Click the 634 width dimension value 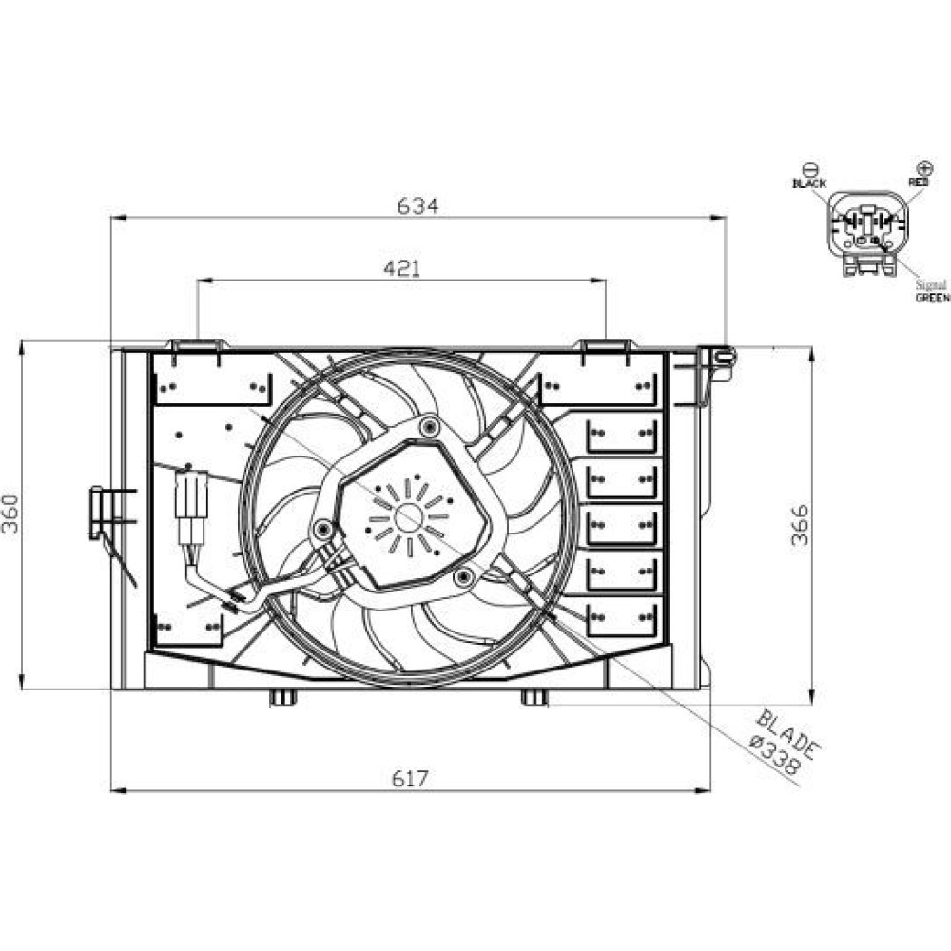pos(417,206)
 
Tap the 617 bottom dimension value pos(410,778)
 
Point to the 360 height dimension pos(10,514)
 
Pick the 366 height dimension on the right pos(801,525)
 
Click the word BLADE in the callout pos(788,734)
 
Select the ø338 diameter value pos(775,754)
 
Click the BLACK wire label pos(809,184)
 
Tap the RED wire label pos(919,182)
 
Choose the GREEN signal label pos(932,298)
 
